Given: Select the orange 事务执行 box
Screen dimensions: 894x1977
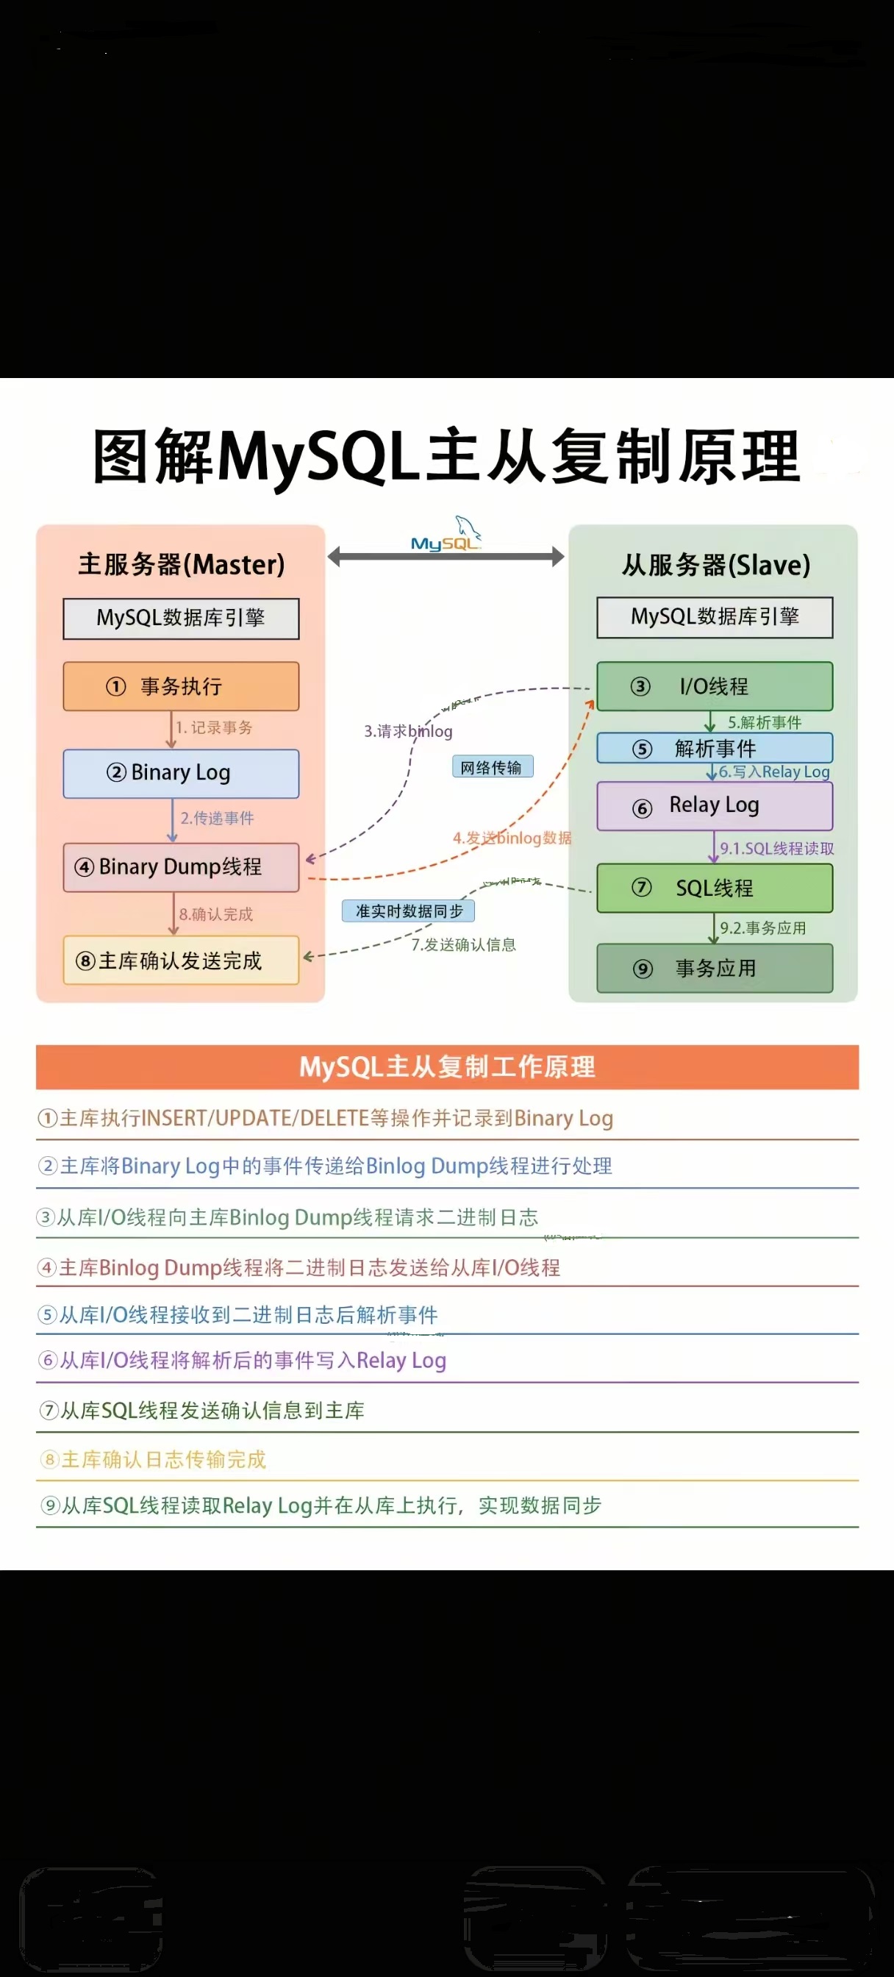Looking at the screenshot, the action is click(181, 686).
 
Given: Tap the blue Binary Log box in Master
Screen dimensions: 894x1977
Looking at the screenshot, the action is click(181, 773).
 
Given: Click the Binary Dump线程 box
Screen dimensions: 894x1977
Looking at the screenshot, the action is click(181, 867).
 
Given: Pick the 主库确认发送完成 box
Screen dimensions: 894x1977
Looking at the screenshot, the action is click(181, 961).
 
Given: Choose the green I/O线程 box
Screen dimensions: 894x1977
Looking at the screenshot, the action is click(715, 686).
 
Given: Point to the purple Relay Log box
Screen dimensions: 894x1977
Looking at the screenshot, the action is click(715, 806).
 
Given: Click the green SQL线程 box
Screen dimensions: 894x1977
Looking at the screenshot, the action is click(715, 888).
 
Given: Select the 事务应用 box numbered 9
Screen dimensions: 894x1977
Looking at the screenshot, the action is click(715, 969).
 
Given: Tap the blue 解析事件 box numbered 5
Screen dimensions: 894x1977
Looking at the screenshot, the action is click(715, 748).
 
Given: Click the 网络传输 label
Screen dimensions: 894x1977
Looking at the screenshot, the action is click(492, 767).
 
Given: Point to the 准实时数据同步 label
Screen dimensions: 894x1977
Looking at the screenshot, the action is click(408, 911).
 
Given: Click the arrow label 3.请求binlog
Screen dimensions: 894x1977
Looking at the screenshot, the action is click(408, 731).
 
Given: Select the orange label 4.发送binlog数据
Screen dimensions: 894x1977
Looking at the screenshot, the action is click(512, 838).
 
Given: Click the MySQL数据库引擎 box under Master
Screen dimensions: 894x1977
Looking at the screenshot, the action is click(181, 619).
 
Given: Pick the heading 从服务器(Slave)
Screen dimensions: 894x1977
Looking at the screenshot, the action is click(715, 566).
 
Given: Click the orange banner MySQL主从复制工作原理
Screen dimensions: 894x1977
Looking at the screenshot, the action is click(446, 1066).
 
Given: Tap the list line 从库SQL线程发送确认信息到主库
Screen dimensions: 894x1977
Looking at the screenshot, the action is click(211, 1411).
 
